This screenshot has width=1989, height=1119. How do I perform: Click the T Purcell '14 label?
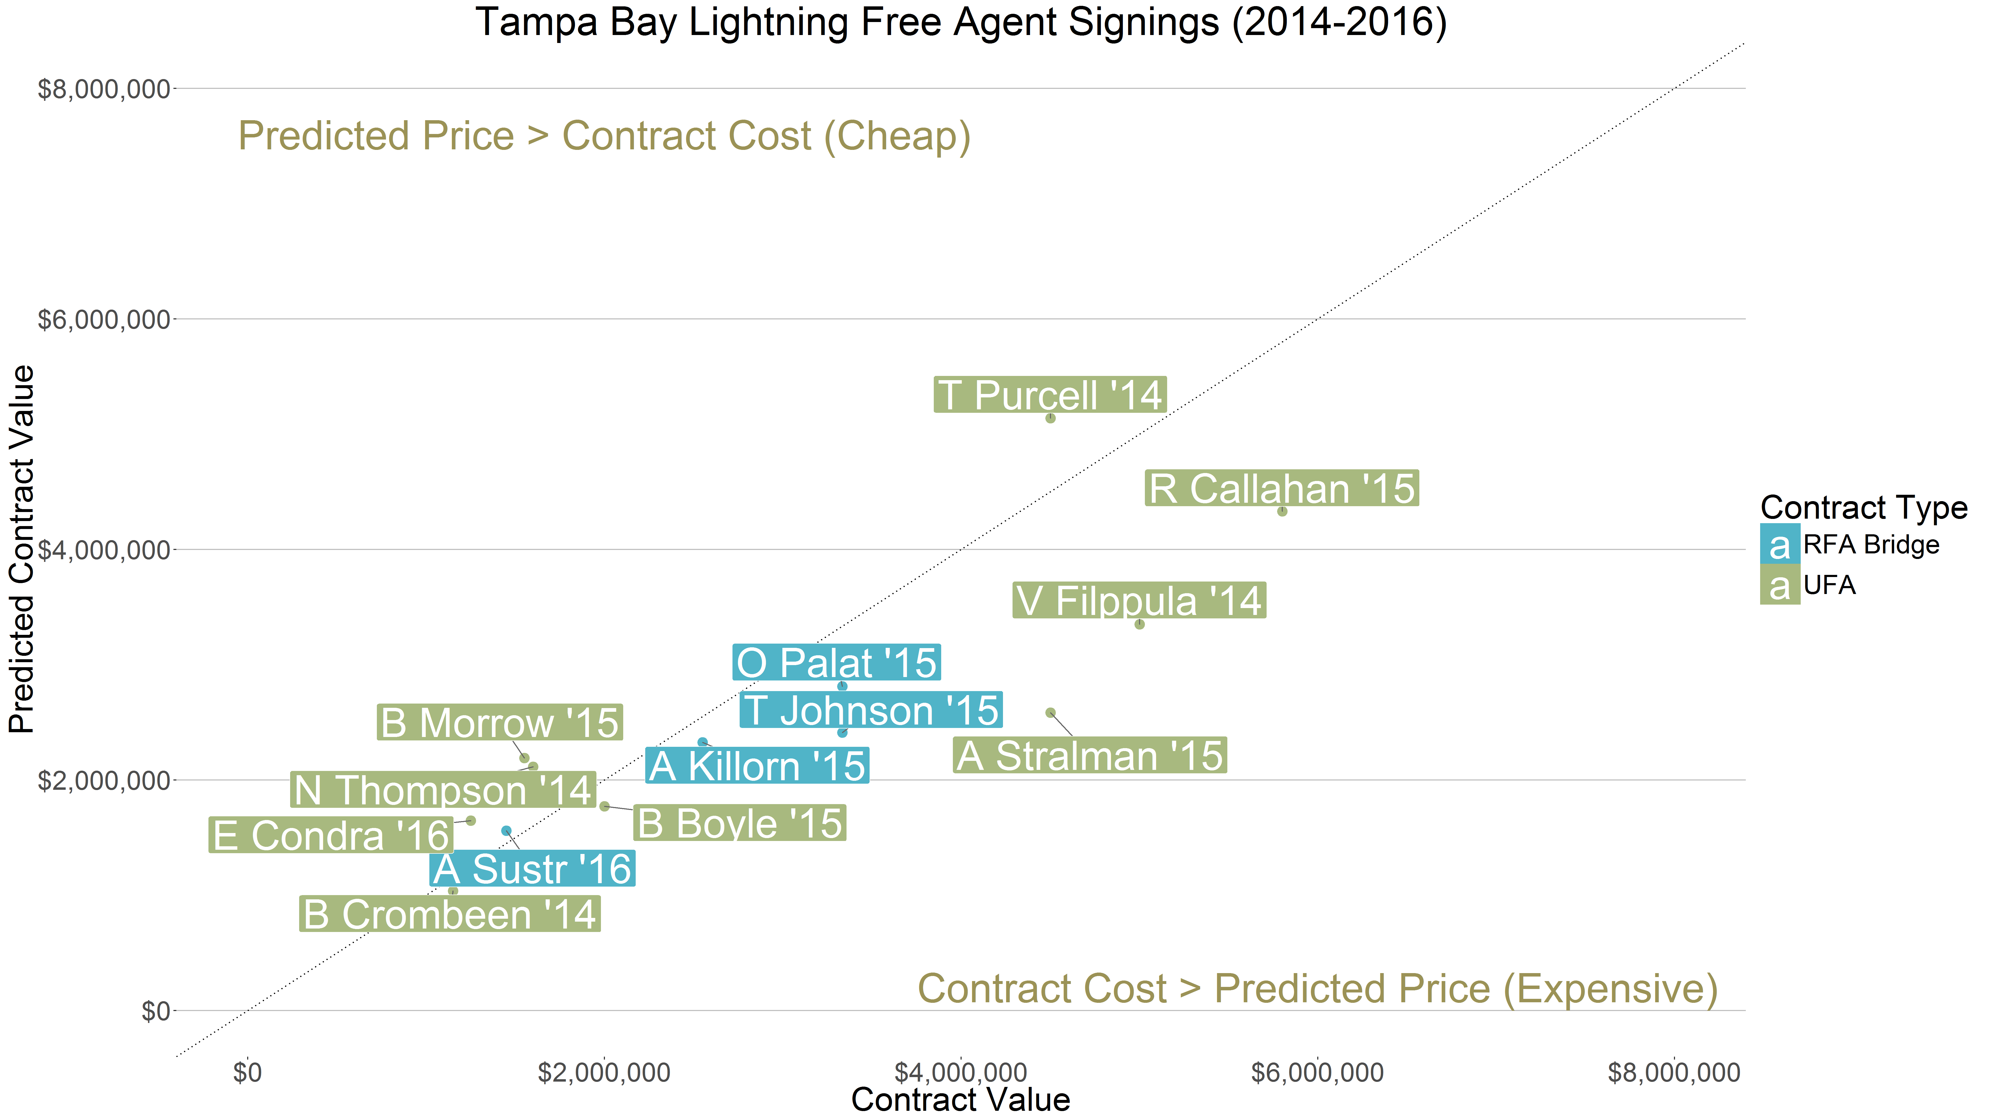[1049, 395]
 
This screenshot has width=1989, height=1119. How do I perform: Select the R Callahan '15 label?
[1281, 489]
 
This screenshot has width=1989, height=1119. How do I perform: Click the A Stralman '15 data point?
[1050, 713]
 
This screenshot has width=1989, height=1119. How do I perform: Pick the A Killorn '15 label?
[757, 766]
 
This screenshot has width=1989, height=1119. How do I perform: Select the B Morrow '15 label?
[500, 723]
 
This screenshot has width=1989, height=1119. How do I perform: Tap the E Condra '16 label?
[331, 836]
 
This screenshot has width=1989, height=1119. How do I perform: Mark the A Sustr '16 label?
[532, 869]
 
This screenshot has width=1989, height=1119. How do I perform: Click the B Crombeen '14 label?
[449, 914]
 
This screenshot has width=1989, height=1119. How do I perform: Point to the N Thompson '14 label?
[442, 790]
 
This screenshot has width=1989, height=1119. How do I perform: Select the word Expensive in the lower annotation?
[1608, 989]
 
